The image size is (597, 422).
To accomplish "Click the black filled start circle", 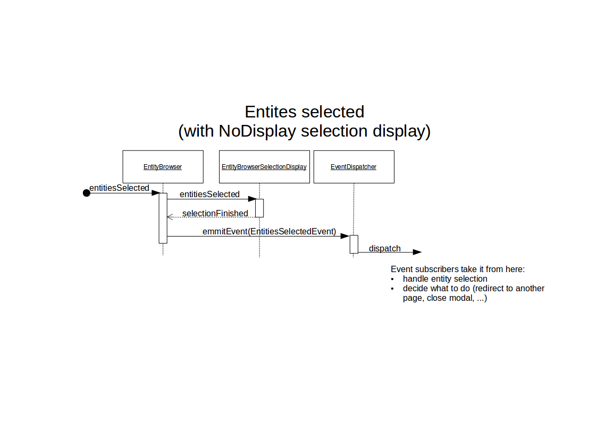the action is (87, 193).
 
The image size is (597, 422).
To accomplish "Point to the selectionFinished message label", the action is (215, 214).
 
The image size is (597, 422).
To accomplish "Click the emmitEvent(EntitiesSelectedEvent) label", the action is (269, 231).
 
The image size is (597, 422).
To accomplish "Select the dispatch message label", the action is (384, 249).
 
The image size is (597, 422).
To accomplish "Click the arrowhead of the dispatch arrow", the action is (417, 252).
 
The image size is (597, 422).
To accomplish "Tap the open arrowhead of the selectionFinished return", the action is (170, 217).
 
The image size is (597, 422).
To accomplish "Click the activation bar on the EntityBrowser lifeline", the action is (163, 218).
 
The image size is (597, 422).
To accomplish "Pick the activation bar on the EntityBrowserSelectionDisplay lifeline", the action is (259, 208).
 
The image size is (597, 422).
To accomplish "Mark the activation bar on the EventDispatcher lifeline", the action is (354, 244).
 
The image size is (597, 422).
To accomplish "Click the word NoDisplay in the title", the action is (257, 131).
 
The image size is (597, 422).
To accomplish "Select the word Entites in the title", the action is (271, 112).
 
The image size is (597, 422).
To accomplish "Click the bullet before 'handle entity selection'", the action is (392, 280).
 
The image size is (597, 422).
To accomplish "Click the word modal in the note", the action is (463, 298).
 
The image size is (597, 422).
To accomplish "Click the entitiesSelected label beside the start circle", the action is (119, 188).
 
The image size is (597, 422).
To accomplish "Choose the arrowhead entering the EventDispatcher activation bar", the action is (345, 237).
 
